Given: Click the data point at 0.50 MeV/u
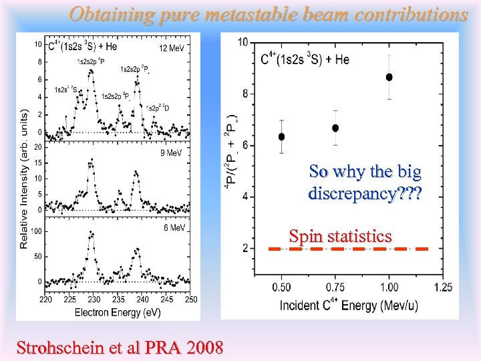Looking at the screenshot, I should point(281,136).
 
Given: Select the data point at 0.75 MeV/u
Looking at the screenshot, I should point(335,128).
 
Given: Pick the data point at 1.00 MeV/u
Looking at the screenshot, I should point(389,77).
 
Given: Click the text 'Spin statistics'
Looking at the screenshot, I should point(340,235).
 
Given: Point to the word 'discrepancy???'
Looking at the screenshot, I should point(365,194).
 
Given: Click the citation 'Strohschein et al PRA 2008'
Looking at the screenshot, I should point(120,348).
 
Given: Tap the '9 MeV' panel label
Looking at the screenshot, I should point(171,152).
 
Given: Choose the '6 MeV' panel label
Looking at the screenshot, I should point(174,228).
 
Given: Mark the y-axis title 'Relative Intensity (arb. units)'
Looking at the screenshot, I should point(24,179).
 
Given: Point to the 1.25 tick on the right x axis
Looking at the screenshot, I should point(442,287).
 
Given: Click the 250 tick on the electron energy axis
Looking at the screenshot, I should point(191,299).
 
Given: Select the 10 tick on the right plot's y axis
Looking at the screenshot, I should point(243,42).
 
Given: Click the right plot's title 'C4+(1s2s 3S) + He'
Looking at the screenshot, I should point(305,59).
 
